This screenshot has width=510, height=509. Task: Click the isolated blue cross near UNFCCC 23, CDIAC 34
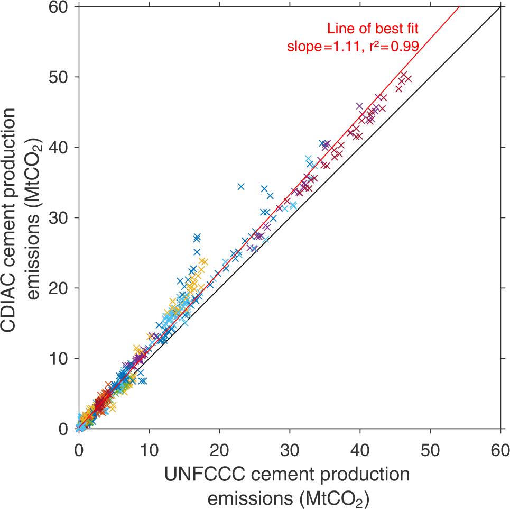click(x=241, y=186)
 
